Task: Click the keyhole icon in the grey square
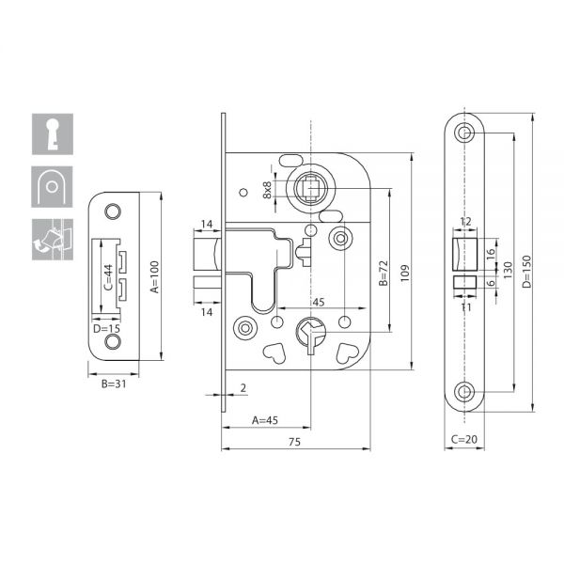(53, 134)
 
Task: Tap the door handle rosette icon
(52, 187)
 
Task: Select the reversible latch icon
(53, 239)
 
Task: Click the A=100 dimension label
(154, 277)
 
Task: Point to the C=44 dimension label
(108, 277)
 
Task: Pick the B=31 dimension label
(114, 384)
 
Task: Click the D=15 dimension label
(106, 329)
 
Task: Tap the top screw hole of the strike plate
(113, 211)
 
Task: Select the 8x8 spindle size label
(267, 190)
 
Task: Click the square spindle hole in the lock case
(310, 188)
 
